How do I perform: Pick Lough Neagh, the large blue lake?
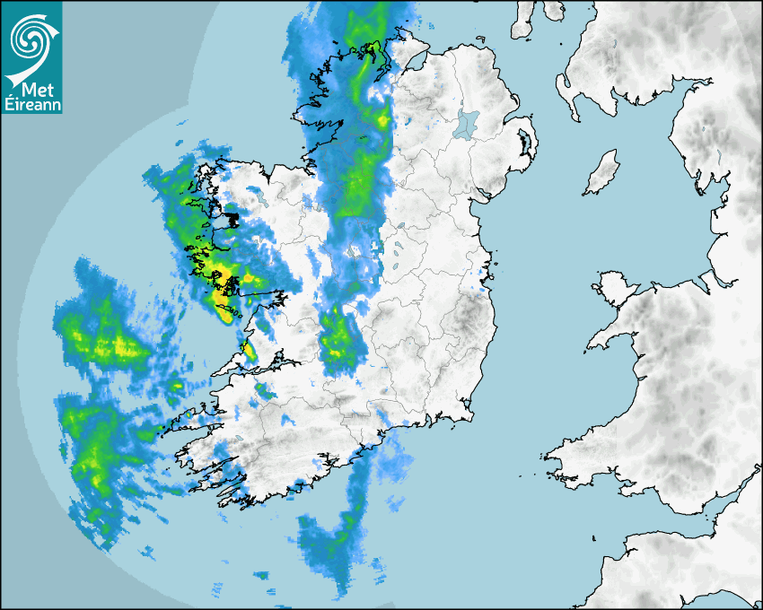[x=467, y=124]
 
